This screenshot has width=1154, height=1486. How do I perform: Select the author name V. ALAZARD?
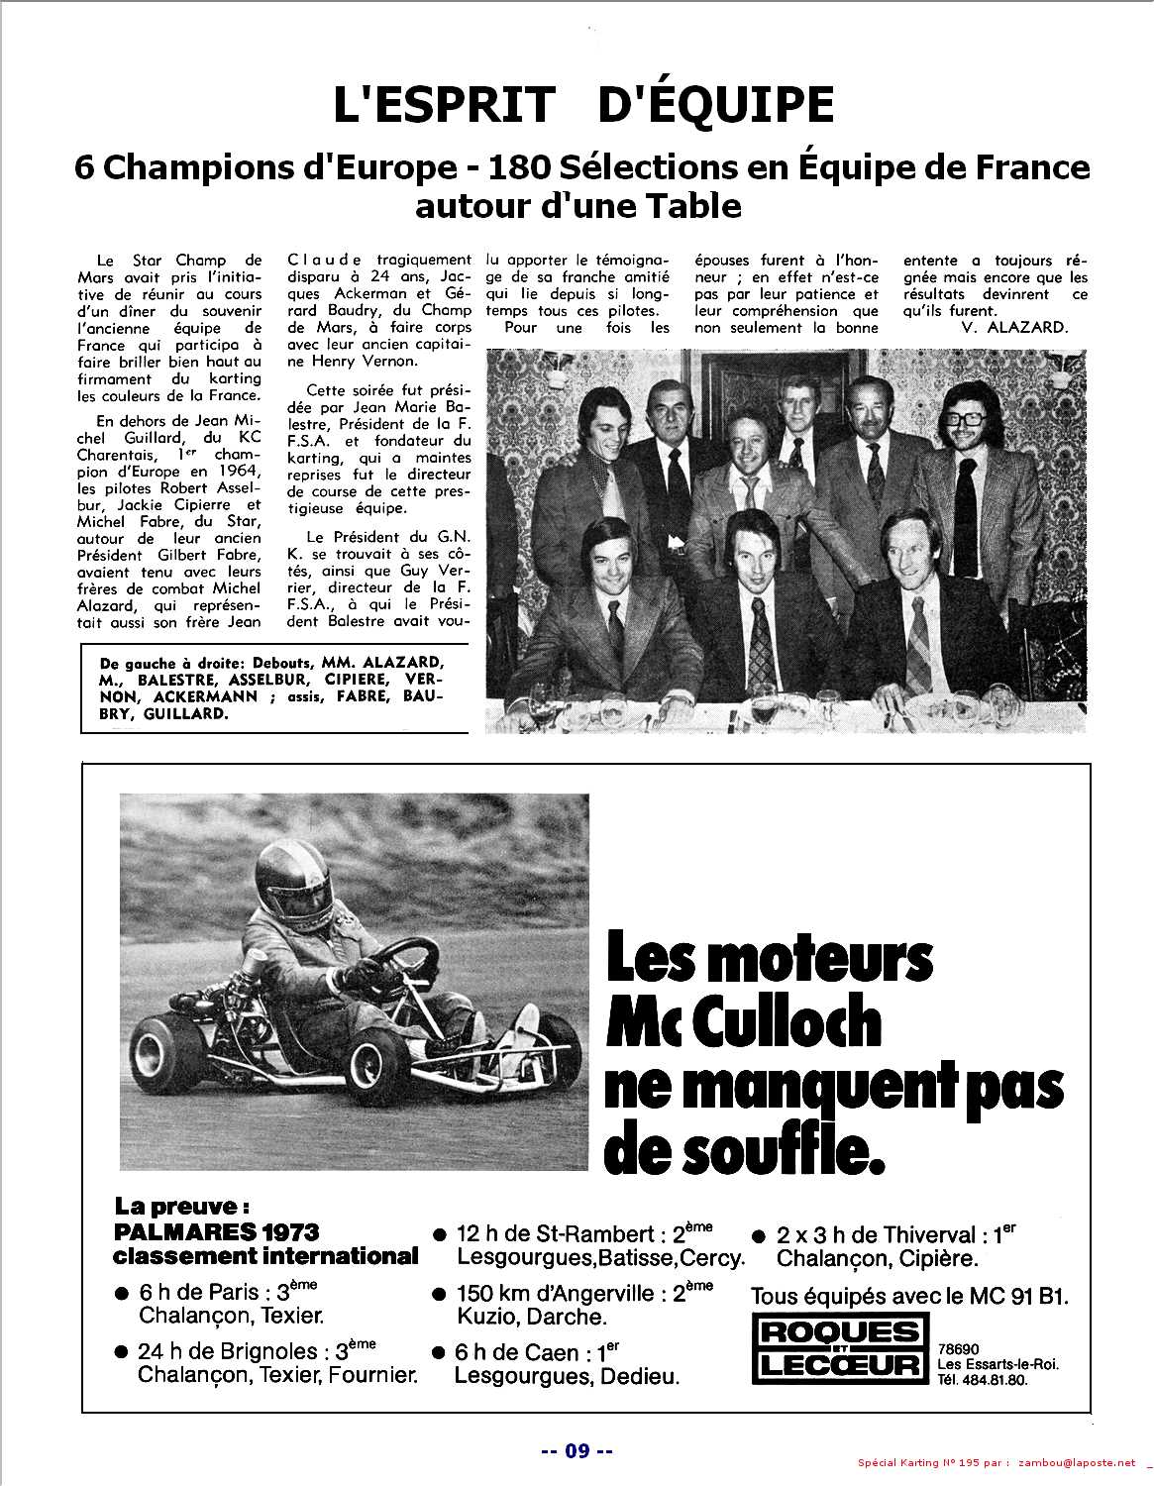tap(1013, 328)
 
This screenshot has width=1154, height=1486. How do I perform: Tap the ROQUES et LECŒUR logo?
tap(838, 1348)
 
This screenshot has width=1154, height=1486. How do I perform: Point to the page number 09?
tap(577, 1450)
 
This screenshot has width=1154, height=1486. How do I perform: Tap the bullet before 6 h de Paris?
tap(123, 1294)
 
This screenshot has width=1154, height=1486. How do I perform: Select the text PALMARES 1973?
tap(217, 1232)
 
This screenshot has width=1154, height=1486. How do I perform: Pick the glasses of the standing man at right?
tap(966, 417)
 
